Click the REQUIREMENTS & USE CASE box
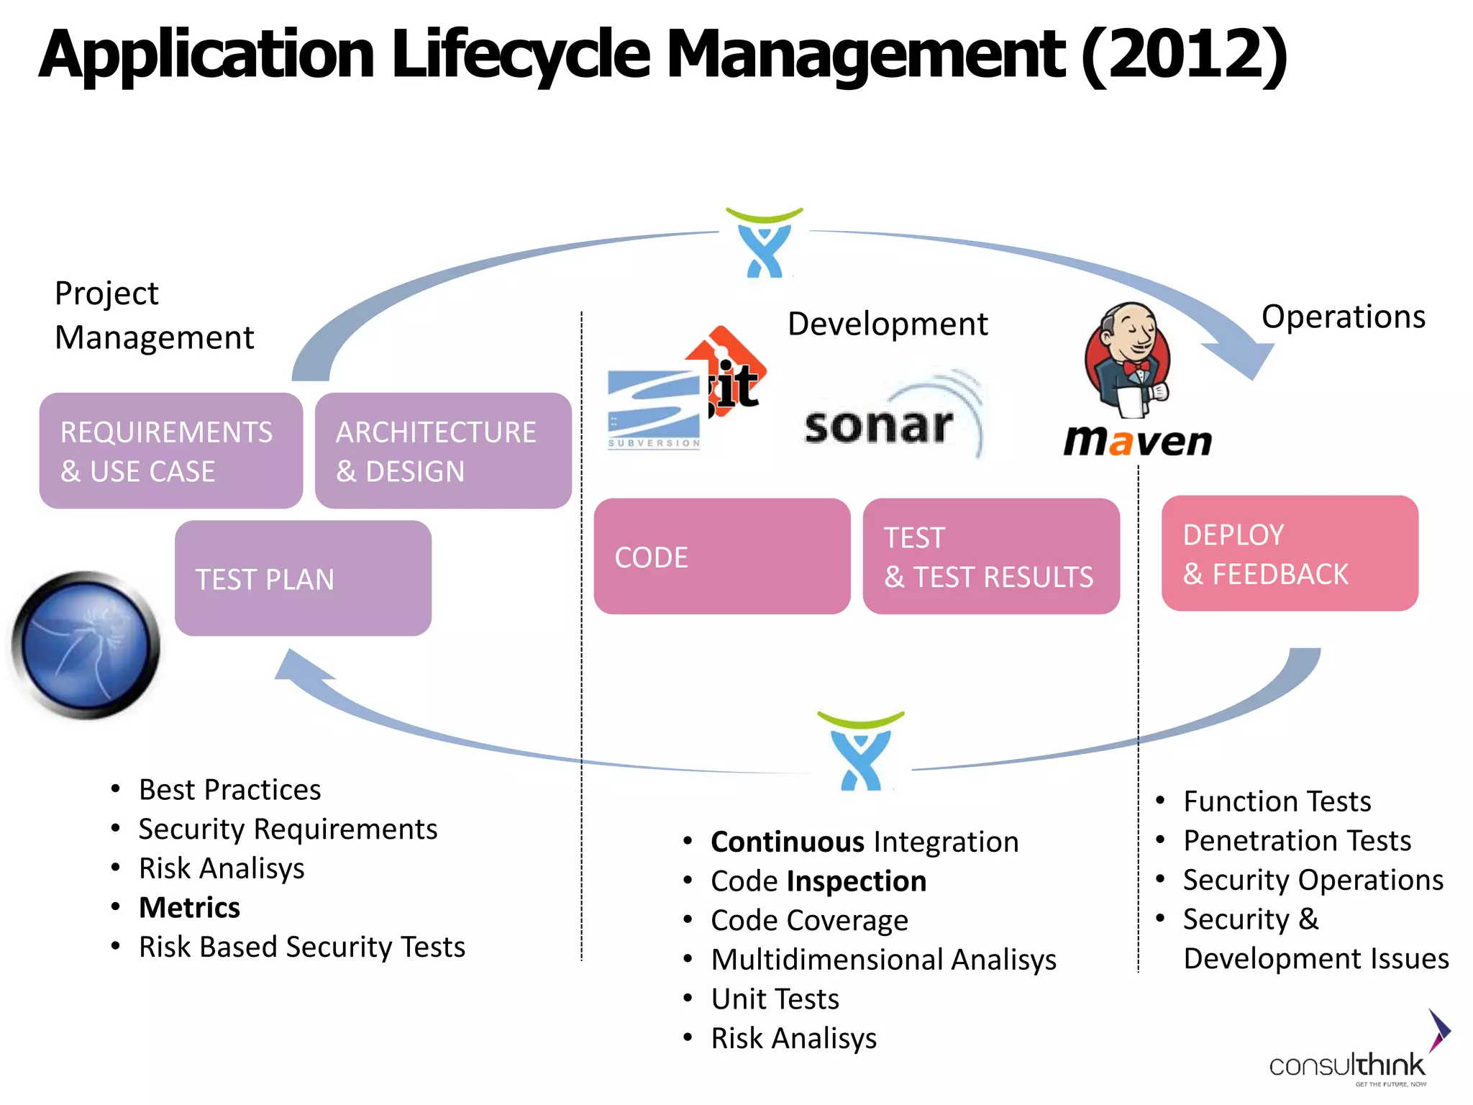coord(170,450)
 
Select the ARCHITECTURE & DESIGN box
coord(443,450)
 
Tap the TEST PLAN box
coord(303,578)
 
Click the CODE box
coord(721,556)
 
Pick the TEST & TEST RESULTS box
coord(990,556)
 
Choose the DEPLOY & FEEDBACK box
coord(1289,552)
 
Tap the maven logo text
coord(1137,440)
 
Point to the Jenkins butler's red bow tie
coord(1136,367)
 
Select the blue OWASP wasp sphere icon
coord(86,645)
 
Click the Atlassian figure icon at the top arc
coord(764,245)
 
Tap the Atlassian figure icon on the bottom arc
coord(861,752)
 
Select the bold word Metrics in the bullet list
coord(189,907)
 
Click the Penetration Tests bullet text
coord(1297,840)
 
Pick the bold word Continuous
coord(787,842)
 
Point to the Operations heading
coord(1343,317)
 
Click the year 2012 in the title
coord(1183,54)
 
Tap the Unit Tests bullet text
coord(775,999)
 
